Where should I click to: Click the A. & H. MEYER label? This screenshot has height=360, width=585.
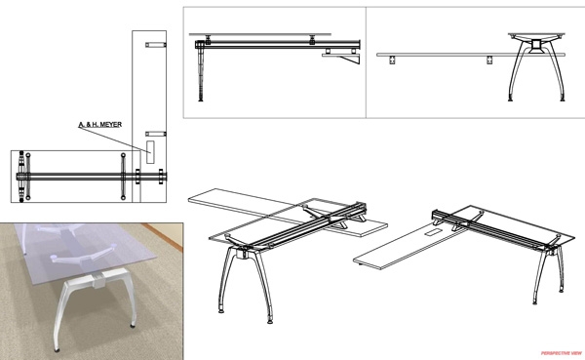click(100, 124)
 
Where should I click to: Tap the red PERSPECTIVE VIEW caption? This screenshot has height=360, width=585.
click(562, 353)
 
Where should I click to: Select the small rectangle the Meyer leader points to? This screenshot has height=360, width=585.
click(150, 152)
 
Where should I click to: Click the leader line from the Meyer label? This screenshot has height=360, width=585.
click(114, 140)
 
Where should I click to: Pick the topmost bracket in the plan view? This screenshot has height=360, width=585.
click(156, 45)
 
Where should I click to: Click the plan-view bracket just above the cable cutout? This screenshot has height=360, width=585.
click(156, 134)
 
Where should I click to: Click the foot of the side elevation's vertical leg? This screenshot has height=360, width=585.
click(201, 99)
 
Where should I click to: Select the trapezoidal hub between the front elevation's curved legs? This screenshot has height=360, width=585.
click(536, 46)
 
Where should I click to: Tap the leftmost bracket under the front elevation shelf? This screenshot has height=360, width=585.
click(392, 60)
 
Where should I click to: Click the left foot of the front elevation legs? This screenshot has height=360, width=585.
click(510, 99)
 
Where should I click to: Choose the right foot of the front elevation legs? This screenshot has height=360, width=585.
click(563, 99)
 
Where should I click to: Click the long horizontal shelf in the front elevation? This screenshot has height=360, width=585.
click(471, 55)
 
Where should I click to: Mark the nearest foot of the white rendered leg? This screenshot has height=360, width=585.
click(57, 350)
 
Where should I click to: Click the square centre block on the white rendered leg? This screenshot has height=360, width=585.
click(99, 281)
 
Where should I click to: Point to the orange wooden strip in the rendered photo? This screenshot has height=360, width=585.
click(163, 236)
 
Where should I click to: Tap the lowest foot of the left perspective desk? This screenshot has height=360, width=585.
click(270, 320)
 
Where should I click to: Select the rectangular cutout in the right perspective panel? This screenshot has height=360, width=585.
click(433, 233)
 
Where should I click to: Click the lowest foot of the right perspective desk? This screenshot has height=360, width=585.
click(535, 301)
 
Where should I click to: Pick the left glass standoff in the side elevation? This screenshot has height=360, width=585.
click(208, 39)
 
